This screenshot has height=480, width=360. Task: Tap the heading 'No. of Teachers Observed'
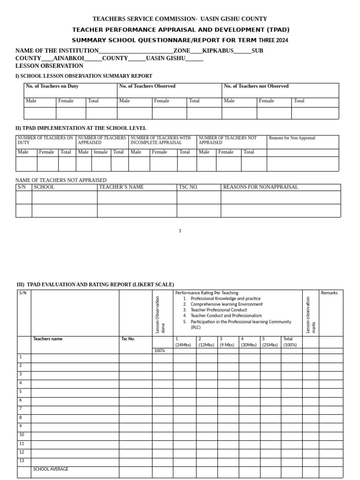click(x=147, y=86)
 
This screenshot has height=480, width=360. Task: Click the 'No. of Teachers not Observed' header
click(x=256, y=86)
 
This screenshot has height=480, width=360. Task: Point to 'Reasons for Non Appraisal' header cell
click(x=292, y=138)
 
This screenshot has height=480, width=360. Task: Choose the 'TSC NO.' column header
click(x=188, y=187)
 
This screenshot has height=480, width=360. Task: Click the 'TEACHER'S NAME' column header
click(x=121, y=187)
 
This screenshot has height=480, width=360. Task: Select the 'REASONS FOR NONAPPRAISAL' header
click(x=260, y=187)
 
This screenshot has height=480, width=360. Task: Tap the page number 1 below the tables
click(x=180, y=231)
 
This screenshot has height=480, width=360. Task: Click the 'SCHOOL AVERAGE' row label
click(x=51, y=469)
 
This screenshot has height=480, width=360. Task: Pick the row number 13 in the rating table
click(x=22, y=460)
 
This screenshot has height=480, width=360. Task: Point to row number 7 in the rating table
click(x=20, y=409)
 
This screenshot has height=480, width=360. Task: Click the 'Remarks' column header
click(x=329, y=293)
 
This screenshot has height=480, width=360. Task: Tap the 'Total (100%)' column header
click(x=290, y=342)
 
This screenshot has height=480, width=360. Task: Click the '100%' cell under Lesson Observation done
click(x=160, y=351)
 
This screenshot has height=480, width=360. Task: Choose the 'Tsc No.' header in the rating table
click(x=128, y=339)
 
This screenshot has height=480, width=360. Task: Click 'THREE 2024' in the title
click(x=273, y=40)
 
